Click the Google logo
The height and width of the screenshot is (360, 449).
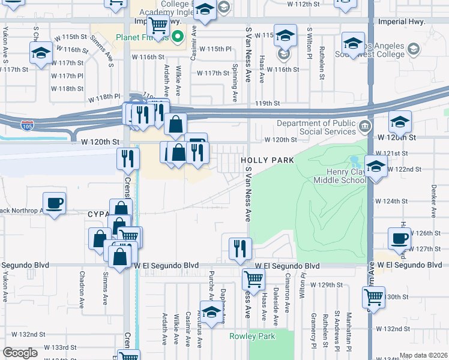pyautogui.click(x=20, y=353)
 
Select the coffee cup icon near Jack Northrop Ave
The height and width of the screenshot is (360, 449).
pyautogui.click(x=54, y=202)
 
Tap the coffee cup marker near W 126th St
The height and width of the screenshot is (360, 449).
pyautogui.click(x=399, y=238)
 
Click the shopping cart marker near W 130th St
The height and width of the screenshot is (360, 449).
pyautogui.click(x=374, y=296)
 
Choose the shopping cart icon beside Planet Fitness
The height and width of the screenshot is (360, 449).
pyautogui.click(x=158, y=25)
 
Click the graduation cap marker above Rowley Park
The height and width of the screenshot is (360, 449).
pyautogui.click(x=211, y=313)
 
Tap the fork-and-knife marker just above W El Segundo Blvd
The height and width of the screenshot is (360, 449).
pyautogui.click(x=240, y=247)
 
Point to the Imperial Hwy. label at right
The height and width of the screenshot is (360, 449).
pyautogui.click(x=402, y=21)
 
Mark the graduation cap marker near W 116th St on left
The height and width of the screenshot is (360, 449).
pyautogui.click(x=41, y=53)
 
